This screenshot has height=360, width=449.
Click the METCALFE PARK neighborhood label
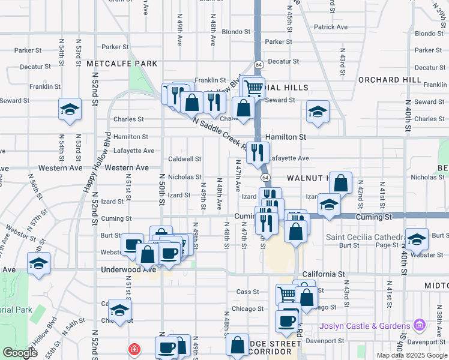pyautogui.click(x=122, y=64)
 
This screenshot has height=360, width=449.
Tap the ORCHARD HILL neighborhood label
pyautogui.click(x=390, y=80)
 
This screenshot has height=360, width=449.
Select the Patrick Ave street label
pyautogui.click(x=330, y=27)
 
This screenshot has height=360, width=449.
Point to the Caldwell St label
pyautogui.click(x=184, y=159)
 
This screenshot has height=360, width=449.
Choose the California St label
pyautogui.click(x=324, y=274)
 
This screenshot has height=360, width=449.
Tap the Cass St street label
pyautogui.click(x=247, y=292)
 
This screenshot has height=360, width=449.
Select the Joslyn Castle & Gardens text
pyautogui.click(x=365, y=326)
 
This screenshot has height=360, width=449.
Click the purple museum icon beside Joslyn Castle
pyautogui.click(x=419, y=326)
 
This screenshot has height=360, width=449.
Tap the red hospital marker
pyautogui.click(x=134, y=349)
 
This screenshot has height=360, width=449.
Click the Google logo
pyautogui.click(x=20, y=352)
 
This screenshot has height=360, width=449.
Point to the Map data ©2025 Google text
pyautogui.click(x=412, y=355)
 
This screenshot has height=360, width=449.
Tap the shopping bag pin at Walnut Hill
pyautogui.click(x=340, y=182)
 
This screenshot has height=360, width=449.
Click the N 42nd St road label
pyautogui.click(x=361, y=191)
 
